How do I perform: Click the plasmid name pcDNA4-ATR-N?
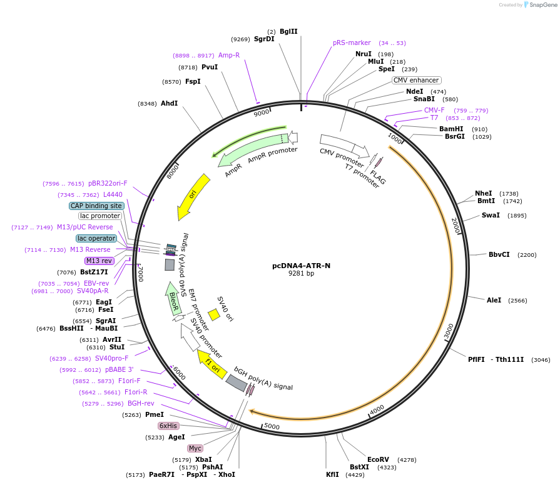coord(301,266)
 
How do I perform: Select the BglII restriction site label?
coord(288,31)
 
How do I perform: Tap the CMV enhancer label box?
coord(417,80)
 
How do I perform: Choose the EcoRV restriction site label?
coord(378,459)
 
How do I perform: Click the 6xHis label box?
coord(168,426)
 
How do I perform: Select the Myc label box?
coord(195,448)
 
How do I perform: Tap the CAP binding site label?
coord(96,206)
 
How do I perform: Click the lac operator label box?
coord(96,238)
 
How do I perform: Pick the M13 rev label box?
coord(99,261)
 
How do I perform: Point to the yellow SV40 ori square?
coord(213,314)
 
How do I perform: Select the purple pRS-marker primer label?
coord(352,42)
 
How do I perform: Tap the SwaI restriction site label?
coord(491,215)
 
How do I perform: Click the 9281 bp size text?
coord(301,274)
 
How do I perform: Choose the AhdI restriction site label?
coord(169,103)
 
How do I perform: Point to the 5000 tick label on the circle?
coord(272,426)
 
